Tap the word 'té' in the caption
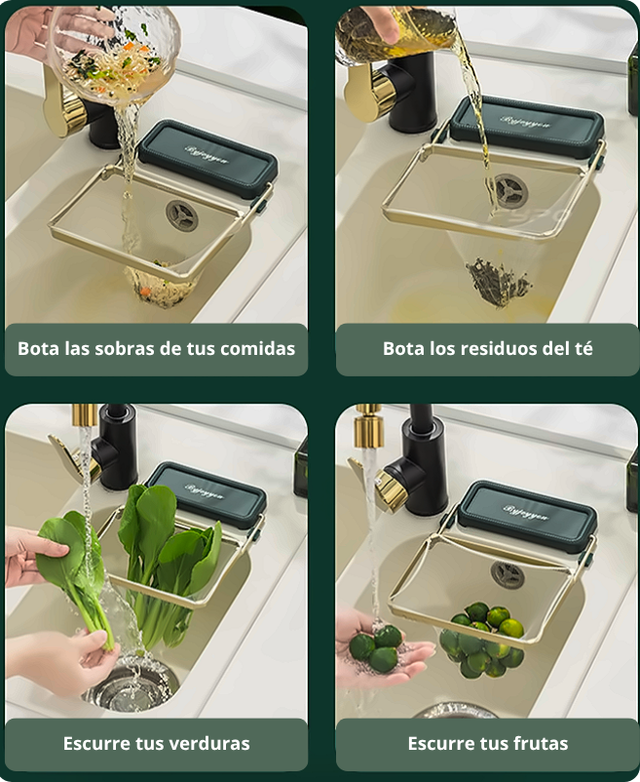click(x=583, y=348)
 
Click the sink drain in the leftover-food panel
click(x=181, y=215)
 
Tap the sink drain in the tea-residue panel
click(x=507, y=188)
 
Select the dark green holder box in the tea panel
click(x=526, y=127)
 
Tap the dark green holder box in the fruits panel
click(x=526, y=513)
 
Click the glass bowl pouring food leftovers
click(x=115, y=54)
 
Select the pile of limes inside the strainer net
click(x=481, y=641)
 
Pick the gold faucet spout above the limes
click(x=368, y=420)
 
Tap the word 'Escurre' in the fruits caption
click(x=444, y=743)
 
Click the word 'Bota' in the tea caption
click(x=403, y=348)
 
